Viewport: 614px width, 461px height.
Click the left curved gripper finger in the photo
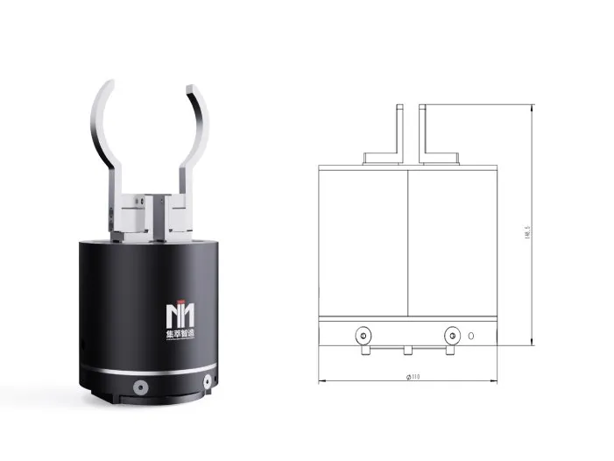pyautogui.click(x=103, y=131)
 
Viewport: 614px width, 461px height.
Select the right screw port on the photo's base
pyautogui.click(x=208, y=379)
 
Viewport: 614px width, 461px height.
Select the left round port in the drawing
pyautogui.click(x=360, y=335)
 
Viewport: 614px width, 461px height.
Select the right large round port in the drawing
pyautogui.click(x=452, y=335)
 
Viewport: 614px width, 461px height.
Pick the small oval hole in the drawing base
pyautogui.click(x=471, y=335)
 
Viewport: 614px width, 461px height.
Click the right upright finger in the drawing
pyautogui.click(x=424, y=131)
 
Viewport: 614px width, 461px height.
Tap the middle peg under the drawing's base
pyautogui.click(x=407, y=350)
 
